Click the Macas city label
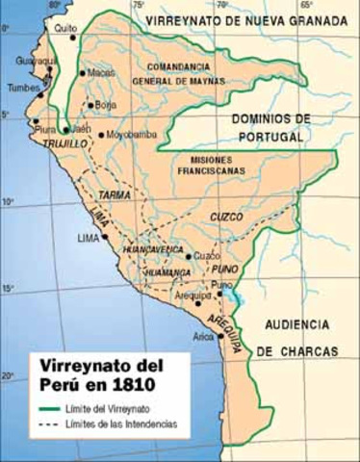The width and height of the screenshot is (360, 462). pyautogui.click(x=100, y=72)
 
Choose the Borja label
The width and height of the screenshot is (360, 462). pyautogui.click(x=106, y=106)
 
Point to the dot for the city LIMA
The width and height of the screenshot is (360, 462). pyautogui.click(x=105, y=234)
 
